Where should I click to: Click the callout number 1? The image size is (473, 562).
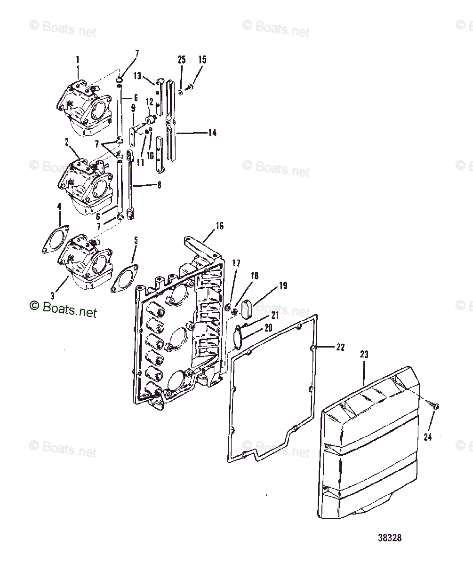point(78,60)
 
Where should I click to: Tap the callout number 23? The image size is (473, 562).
point(364,355)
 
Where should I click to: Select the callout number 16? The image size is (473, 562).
point(219,226)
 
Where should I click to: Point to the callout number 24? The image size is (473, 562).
point(427,437)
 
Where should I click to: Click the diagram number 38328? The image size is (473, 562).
point(389,538)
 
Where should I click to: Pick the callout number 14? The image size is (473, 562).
point(212,133)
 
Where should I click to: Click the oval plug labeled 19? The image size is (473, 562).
point(248,309)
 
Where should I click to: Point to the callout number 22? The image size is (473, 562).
point(340,347)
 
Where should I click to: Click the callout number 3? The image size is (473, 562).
point(53,296)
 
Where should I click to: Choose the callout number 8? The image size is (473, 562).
point(159,185)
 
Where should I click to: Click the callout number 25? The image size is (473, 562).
point(182,60)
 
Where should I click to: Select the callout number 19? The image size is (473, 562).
point(283,285)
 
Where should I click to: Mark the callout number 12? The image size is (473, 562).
point(149,102)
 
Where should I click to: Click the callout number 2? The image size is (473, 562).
point(67,141)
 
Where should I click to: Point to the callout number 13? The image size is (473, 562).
point(137,75)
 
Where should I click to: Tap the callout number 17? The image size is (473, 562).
point(236,263)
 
